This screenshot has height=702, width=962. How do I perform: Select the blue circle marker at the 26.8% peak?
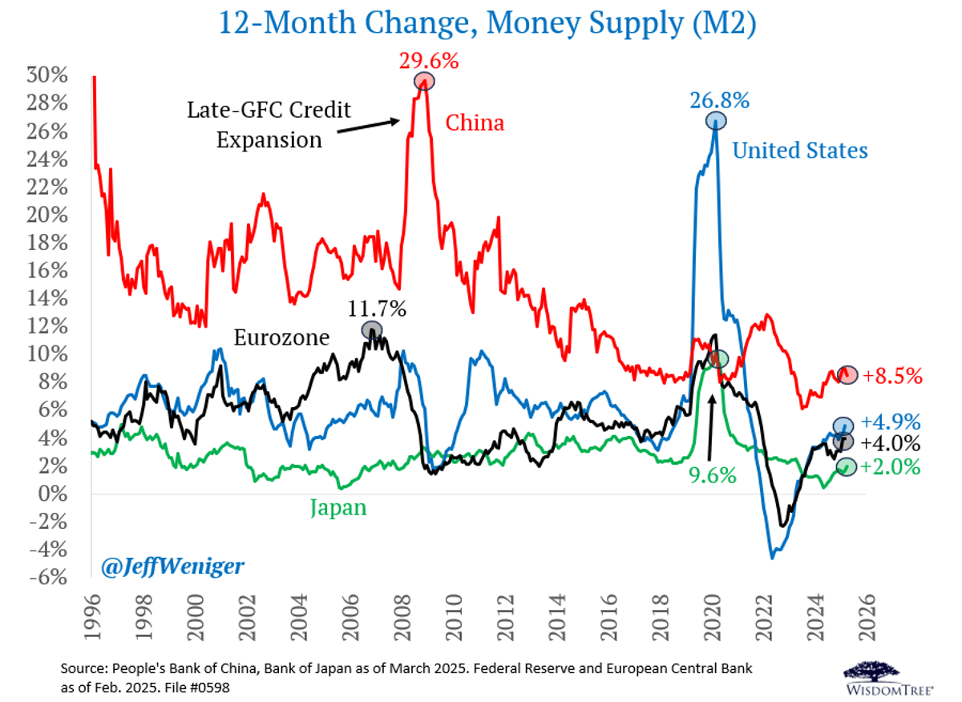click(716, 121)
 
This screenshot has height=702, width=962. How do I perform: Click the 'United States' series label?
click(800, 150)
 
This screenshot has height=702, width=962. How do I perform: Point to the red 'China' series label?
click(475, 123)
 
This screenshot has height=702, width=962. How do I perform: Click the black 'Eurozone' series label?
click(281, 337)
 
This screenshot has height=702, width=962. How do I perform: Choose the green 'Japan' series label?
click(338, 508)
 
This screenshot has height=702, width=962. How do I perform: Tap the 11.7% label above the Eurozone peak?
click(377, 309)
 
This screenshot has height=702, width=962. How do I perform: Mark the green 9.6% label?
click(712, 475)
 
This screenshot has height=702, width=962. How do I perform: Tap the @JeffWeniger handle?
click(172, 567)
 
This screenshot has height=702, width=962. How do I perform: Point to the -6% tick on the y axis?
click(50, 577)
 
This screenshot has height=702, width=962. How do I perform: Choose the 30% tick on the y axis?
click(50, 75)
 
